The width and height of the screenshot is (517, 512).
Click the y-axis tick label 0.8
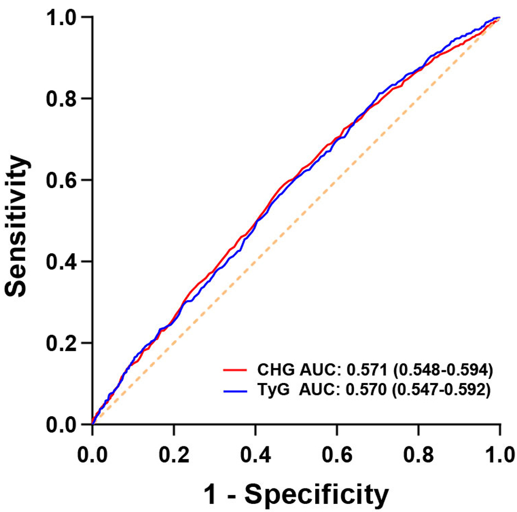(61, 98)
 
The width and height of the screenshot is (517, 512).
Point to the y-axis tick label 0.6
(61, 180)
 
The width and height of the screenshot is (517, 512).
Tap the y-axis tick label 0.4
(61, 261)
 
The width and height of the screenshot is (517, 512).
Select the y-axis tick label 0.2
(61, 343)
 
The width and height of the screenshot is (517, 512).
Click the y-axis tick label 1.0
(61, 17)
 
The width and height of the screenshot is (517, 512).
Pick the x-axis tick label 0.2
(174, 455)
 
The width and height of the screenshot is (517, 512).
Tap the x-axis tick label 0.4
(255, 455)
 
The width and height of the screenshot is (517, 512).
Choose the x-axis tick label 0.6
(337, 455)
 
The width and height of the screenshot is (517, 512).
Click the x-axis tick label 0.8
(419, 455)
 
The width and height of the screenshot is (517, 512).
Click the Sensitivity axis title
(16, 226)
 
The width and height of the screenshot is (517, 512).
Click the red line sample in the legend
(235, 370)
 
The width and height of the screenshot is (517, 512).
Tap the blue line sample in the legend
(235, 391)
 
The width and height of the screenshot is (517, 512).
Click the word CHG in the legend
(276, 370)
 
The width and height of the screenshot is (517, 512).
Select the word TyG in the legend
(274, 391)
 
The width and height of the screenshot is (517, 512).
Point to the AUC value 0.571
(367, 370)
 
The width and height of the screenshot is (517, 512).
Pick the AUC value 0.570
(366, 390)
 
